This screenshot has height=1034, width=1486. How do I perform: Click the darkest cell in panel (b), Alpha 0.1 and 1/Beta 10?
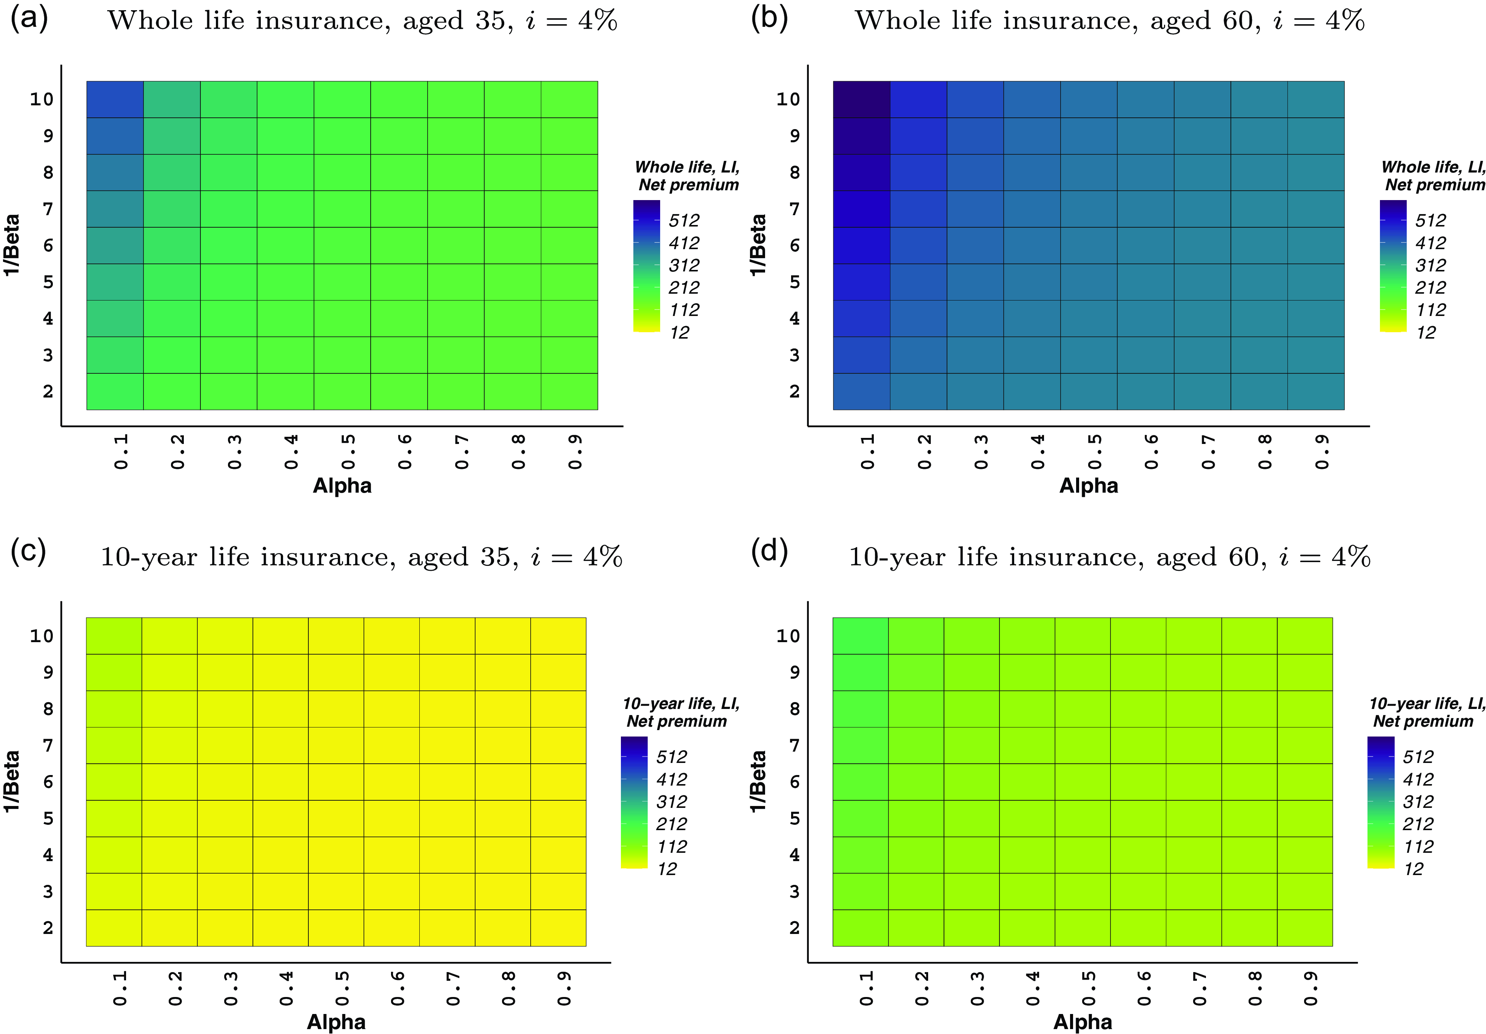click(861, 99)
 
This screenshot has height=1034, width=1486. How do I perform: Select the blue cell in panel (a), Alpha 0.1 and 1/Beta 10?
click(115, 99)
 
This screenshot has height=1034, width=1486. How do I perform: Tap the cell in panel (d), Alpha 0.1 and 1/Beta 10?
click(860, 636)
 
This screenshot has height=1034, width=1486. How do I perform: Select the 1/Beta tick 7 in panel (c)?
click(48, 745)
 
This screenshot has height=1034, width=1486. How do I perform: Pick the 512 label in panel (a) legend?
click(684, 221)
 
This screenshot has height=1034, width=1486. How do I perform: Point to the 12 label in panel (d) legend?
click(1414, 869)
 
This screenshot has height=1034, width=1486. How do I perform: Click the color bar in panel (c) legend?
click(634, 802)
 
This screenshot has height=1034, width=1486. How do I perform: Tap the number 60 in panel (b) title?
click(1238, 21)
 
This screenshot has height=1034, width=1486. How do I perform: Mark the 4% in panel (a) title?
click(597, 21)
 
